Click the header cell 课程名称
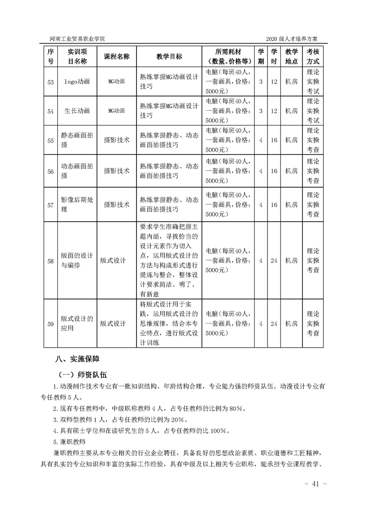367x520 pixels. coord(117,56)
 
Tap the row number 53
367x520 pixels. coord(50,82)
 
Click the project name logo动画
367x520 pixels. coord(77,82)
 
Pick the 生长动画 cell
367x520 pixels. coord(77,111)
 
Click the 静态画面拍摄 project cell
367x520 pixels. coord(77,140)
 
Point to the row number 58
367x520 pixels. coord(50,260)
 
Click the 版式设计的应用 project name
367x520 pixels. coord(77,323)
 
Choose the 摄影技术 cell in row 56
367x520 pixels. coord(117,171)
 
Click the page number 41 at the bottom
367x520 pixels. coord(317,484)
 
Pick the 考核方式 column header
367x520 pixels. coord(313,56)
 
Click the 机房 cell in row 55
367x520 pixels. coord(292,140)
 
